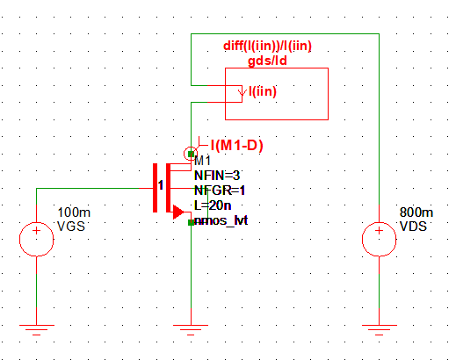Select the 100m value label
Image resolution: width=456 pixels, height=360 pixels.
point(73,213)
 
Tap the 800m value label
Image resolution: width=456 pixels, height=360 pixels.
point(416,213)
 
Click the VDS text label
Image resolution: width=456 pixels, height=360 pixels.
point(416,226)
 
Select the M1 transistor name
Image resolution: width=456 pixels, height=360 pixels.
point(203,161)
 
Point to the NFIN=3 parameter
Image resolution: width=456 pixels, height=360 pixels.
point(217,175)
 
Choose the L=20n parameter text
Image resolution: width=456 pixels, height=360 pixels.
point(213,205)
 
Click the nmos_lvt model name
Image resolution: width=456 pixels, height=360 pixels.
point(221,220)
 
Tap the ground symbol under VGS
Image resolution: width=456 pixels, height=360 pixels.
point(36,332)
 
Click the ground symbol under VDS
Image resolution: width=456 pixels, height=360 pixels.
point(379,332)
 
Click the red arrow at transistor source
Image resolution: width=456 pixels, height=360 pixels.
point(177,212)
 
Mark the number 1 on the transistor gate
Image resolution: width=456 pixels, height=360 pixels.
point(161,185)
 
